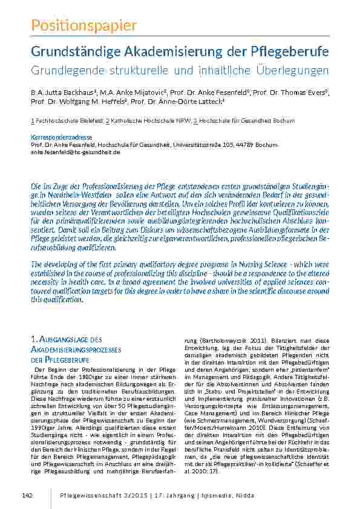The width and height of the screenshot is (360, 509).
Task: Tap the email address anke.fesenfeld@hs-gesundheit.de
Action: (75, 152)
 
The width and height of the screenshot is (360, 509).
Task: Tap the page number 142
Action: (26, 496)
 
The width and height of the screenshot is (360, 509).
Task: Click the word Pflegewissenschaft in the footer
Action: (90, 496)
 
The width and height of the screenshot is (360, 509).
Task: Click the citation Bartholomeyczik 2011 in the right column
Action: (224, 340)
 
